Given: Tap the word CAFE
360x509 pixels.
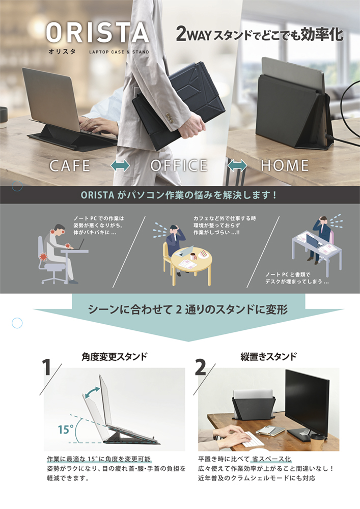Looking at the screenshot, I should tap(70, 165).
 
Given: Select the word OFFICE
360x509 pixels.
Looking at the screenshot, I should tap(179, 165).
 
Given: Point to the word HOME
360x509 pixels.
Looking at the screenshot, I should tap(285, 165).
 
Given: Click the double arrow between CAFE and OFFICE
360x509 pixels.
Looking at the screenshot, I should tap(121, 165).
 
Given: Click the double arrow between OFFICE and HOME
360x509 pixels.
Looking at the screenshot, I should tap(237, 165).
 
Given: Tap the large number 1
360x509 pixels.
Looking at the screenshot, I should tap(47, 367).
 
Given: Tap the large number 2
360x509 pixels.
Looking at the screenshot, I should tap(201, 367).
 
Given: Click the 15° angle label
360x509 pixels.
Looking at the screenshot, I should tap(65, 429).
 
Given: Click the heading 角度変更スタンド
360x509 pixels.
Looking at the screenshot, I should tap(114, 356).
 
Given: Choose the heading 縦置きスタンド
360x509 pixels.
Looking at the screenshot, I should tap(268, 356).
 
